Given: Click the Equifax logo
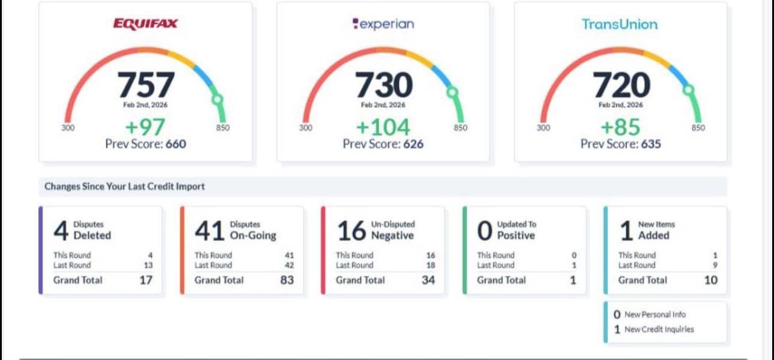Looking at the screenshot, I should (146, 24).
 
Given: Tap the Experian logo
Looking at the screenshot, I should (383, 24).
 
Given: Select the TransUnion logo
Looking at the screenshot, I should (619, 24).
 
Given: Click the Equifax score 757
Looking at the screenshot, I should (146, 85).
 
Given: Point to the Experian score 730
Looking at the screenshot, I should (383, 85).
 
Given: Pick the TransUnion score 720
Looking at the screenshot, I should (621, 85).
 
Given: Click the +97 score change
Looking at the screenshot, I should (145, 127).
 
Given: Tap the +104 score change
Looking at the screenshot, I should (383, 127).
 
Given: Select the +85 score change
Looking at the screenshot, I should (620, 127).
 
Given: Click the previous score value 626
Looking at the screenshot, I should (410, 144).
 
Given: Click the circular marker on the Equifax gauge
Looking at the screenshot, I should (218, 99).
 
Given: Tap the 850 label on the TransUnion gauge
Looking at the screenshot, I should (698, 128).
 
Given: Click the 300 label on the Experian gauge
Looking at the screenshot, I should (306, 128).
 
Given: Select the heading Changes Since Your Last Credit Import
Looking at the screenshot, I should (125, 186).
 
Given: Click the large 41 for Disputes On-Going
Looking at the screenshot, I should (209, 231).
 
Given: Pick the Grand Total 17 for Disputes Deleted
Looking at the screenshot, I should (146, 280).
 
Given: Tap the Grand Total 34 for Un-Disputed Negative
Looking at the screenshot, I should (428, 280).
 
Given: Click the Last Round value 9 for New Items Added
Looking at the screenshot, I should (715, 265).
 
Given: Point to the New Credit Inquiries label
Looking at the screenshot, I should (659, 330).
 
